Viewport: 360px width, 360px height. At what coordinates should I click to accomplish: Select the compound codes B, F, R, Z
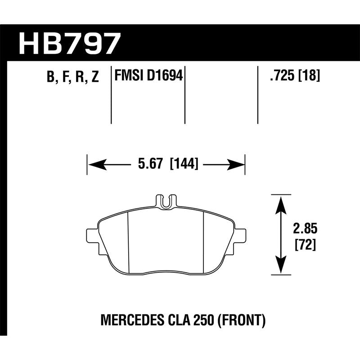click(x=72, y=77)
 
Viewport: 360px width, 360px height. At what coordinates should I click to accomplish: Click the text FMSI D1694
click(x=149, y=76)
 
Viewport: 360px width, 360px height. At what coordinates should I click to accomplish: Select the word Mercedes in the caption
click(x=122, y=321)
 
